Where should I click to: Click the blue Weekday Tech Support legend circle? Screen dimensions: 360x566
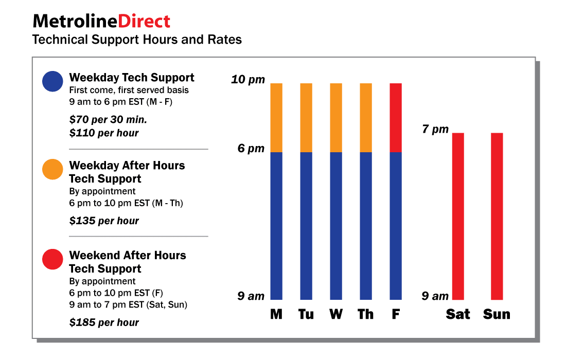click(x=52, y=81)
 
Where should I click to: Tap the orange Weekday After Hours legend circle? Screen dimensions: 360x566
click(x=52, y=169)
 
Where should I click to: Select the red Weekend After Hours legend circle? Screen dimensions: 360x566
click(x=52, y=259)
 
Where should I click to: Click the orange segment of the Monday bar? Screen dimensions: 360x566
click(x=276, y=117)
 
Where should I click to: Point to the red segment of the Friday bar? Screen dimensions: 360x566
click(x=396, y=117)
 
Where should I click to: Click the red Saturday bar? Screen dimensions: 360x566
click(x=458, y=216)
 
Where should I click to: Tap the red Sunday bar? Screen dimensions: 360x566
click(x=497, y=216)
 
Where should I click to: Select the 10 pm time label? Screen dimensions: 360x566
click(x=247, y=80)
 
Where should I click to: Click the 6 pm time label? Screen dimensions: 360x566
click(x=251, y=149)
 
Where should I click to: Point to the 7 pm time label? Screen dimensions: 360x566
click(x=435, y=129)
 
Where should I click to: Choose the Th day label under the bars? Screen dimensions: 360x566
click(x=365, y=314)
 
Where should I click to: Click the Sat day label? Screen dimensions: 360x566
click(x=458, y=314)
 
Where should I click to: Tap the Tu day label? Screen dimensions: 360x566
click(x=306, y=314)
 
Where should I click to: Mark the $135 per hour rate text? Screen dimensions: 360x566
click(x=104, y=221)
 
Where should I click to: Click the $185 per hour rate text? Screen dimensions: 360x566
click(x=104, y=323)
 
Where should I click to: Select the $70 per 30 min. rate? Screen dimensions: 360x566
click(x=108, y=120)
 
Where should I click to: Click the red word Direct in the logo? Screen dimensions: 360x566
click(x=144, y=21)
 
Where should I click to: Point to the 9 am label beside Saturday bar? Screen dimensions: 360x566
click(x=435, y=296)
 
